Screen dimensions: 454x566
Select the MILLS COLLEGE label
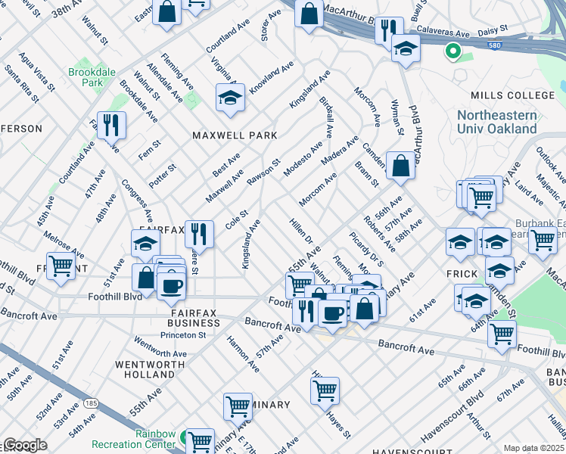pos(512,95)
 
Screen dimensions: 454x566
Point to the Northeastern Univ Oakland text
pos(497,122)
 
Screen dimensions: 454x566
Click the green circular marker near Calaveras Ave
pos(452,52)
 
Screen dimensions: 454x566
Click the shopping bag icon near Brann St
pos(400,164)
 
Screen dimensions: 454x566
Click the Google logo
pos(24,444)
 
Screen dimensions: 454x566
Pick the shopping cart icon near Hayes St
pos(325,390)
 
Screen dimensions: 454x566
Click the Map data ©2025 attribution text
pos(533,448)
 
